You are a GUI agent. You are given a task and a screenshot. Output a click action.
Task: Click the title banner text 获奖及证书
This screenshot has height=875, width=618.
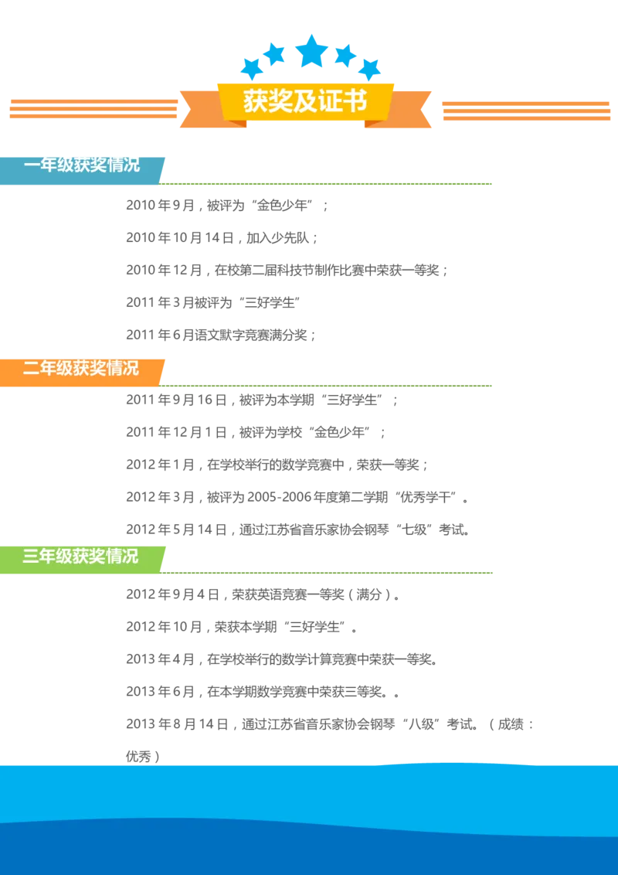[305, 102]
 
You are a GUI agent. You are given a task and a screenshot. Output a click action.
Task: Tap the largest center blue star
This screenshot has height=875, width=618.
[312, 51]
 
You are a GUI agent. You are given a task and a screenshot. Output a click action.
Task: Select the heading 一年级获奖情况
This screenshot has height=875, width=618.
[81, 165]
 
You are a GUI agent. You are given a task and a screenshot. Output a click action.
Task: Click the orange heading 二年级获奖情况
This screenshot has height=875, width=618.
[81, 368]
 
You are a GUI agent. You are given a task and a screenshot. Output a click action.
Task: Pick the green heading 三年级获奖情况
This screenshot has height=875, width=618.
[81, 557]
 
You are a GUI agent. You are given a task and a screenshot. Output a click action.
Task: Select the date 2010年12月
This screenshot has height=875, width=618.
[164, 271]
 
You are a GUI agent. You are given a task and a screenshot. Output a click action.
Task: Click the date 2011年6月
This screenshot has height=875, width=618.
[159, 335]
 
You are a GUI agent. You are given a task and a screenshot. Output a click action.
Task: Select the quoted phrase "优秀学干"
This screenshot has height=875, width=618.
[429, 497]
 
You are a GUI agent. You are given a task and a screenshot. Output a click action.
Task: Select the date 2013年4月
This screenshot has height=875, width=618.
[159, 659]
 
